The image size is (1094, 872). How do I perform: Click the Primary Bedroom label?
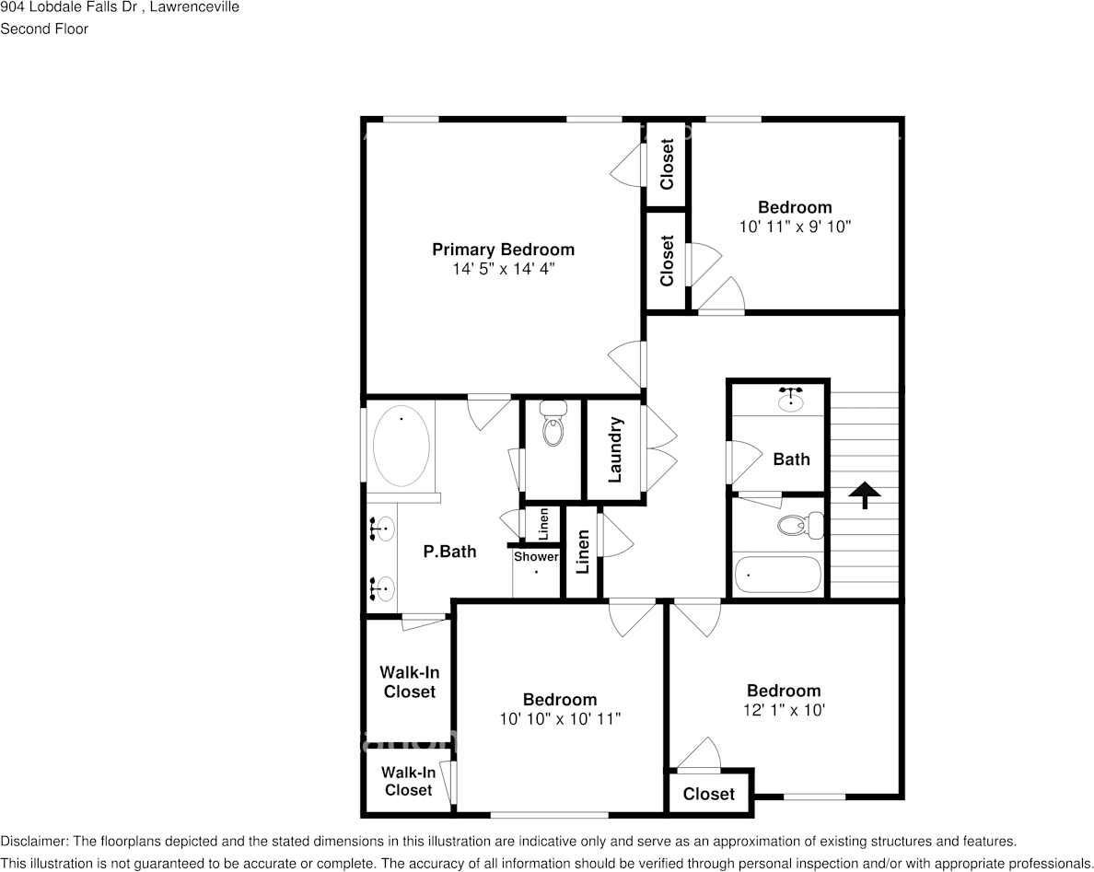tap(503, 250)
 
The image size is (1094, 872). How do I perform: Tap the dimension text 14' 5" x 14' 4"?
tap(503, 269)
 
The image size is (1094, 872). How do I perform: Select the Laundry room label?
tap(615, 450)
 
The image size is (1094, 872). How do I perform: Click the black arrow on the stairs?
tap(864, 494)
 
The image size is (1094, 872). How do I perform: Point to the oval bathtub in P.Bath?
tap(401, 447)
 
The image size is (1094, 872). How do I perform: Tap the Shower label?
tap(536, 557)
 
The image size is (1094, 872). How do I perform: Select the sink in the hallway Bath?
tap(790, 399)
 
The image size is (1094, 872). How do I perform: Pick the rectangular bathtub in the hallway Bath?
tap(778, 575)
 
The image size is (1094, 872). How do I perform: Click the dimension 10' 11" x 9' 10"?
tap(795, 227)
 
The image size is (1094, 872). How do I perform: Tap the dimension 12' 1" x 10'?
tap(784, 710)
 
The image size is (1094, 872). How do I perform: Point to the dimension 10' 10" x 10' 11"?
tap(560, 719)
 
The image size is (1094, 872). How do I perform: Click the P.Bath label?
tap(449, 552)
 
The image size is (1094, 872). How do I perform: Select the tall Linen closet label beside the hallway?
tap(582, 552)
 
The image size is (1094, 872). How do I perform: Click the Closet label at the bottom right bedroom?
tap(709, 794)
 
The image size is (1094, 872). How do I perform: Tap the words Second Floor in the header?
tap(44, 29)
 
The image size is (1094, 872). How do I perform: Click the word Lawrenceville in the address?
tap(198, 7)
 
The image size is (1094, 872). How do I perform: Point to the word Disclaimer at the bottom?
tap(33, 841)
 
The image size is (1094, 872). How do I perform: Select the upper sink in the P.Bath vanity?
tap(382, 529)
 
